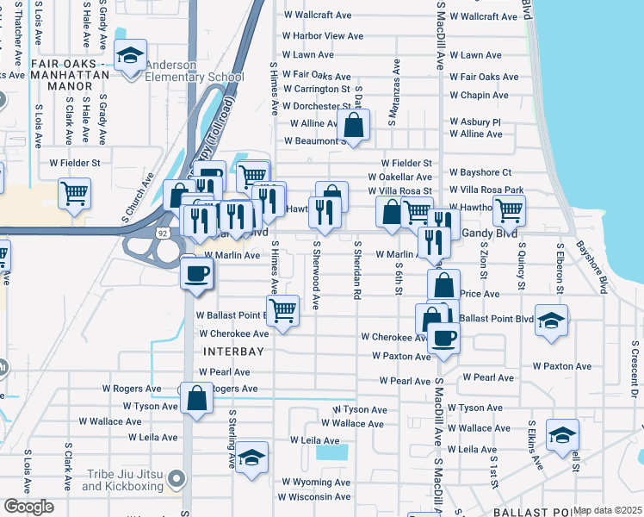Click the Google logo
[29, 507]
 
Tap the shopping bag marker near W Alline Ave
[353, 126]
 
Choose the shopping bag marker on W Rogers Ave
[197, 399]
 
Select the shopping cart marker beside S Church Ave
[75, 193]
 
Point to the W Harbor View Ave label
[323, 36]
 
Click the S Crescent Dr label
[634, 370]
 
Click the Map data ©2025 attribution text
[608, 510]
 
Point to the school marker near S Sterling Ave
[252, 458]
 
